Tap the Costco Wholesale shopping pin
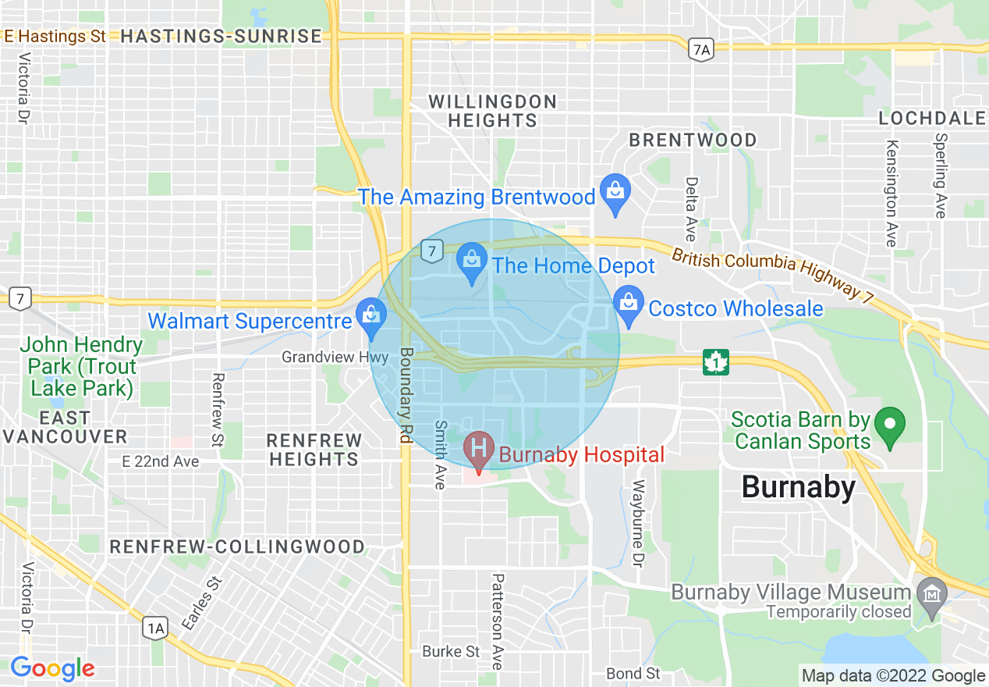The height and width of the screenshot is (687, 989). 627,302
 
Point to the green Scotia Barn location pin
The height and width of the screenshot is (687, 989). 889,426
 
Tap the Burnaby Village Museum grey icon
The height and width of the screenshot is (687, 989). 931,593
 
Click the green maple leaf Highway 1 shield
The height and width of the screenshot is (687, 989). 715,361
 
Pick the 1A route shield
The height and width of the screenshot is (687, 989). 155,628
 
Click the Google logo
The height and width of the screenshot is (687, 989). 51,669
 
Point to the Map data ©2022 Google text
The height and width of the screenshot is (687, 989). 894,676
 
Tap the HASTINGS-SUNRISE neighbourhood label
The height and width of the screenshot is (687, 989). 222,36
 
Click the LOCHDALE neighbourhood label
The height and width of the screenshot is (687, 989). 932,119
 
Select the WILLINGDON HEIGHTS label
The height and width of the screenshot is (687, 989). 492,111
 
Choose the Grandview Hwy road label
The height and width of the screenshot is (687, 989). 335,358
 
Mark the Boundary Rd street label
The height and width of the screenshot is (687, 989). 405,396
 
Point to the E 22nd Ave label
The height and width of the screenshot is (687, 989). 161,461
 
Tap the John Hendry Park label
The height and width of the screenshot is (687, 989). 81,366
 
